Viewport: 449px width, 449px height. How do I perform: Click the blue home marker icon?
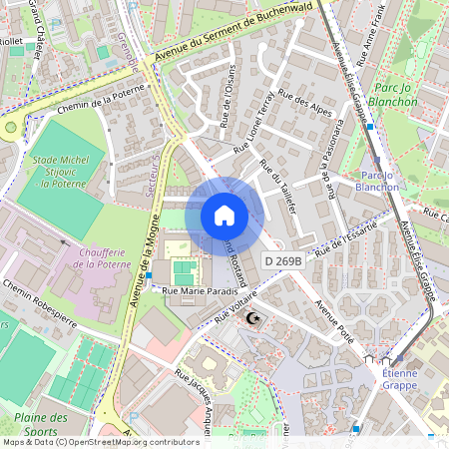[x=224, y=216]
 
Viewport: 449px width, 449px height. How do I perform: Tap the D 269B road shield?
[x=283, y=259]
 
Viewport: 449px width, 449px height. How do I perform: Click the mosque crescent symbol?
[x=250, y=317]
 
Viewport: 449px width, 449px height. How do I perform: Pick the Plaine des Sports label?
[x=41, y=424]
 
